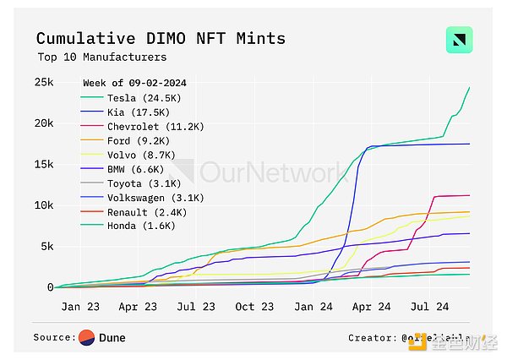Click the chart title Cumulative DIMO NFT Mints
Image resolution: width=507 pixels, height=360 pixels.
coord(161,39)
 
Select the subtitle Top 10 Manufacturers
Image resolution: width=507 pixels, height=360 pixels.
coord(101,57)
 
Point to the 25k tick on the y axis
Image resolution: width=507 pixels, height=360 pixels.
coord(44,82)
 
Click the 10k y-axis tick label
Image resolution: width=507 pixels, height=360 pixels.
coord(44,205)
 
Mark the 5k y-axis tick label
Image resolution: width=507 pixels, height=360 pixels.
coord(47,247)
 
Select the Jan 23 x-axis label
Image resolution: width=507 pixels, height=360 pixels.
coord(81,307)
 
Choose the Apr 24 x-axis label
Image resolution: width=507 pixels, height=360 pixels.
coord(372,307)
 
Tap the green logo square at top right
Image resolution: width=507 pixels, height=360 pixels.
coord(459,41)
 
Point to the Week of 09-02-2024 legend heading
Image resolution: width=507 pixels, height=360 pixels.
coord(134,83)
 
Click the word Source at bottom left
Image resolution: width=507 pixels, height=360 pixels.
coord(53,338)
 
